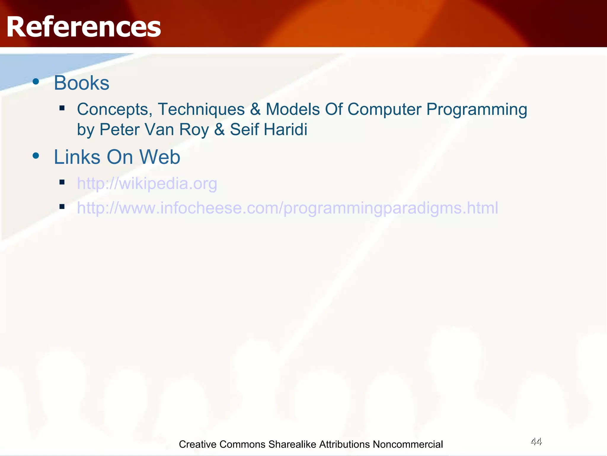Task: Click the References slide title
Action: coord(84,27)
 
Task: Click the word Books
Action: coord(82,83)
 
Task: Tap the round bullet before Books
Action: coord(36,81)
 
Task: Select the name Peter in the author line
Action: coord(119,130)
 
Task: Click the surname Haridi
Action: coord(285,130)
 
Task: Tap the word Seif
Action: coord(244,130)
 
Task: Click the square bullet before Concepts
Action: coord(62,108)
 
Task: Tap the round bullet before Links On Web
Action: coord(36,156)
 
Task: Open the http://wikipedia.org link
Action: coord(147,183)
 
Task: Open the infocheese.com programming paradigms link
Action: coord(287,208)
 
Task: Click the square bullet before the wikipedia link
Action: coord(62,182)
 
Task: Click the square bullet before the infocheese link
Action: coord(62,207)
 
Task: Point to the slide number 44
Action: coord(536,441)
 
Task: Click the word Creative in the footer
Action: coord(197,444)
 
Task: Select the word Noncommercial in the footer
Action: coord(408,444)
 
